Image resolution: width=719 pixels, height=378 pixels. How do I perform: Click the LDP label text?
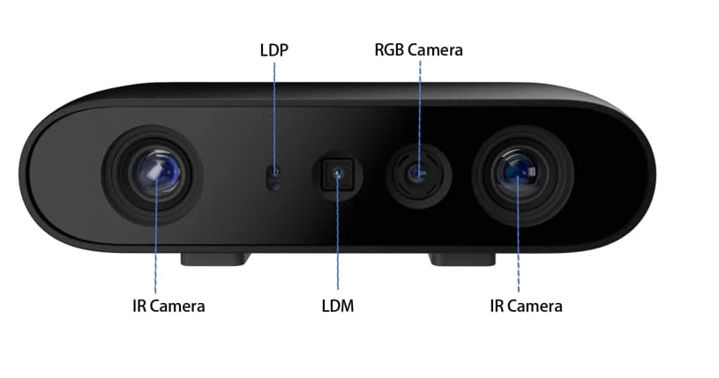click(x=274, y=50)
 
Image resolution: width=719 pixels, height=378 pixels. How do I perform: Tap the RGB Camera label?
click(x=419, y=50)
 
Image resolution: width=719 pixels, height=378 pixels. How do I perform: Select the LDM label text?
click(x=338, y=307)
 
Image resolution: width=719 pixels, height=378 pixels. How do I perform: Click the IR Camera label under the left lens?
click(x=168, y=307)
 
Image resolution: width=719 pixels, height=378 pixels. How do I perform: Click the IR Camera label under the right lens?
click(x=526, y=307)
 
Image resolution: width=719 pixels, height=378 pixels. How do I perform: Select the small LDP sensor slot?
click(x=275, y=177)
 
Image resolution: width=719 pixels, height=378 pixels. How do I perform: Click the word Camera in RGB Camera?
click(x=434, y=50)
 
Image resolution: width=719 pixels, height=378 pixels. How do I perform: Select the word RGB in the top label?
click(x=389, y=50)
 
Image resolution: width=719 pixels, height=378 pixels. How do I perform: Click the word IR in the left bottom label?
click(x=138, y=307)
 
